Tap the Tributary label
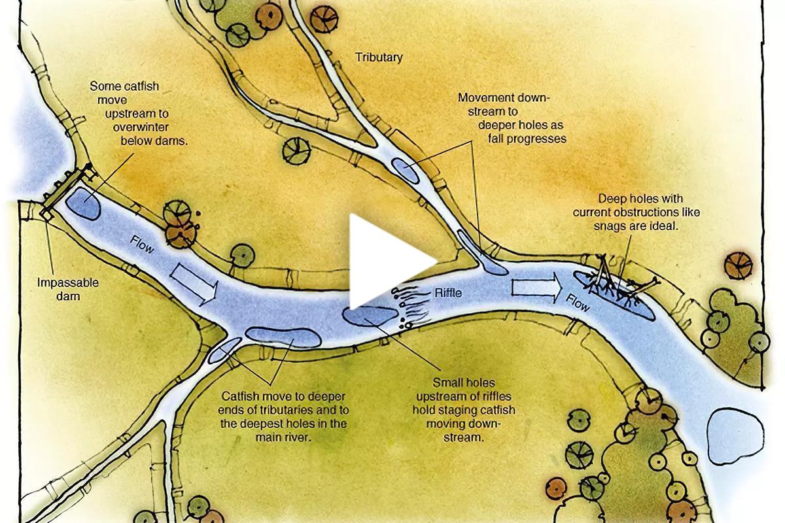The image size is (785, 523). pyautogui.click(x=379, y=58)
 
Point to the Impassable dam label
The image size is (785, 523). pyautogui.click(x=68, y=290)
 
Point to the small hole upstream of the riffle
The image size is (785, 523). pyautogui.click(x=368, y=316)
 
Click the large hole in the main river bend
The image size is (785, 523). pyautogui.click(x=283, y=337)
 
